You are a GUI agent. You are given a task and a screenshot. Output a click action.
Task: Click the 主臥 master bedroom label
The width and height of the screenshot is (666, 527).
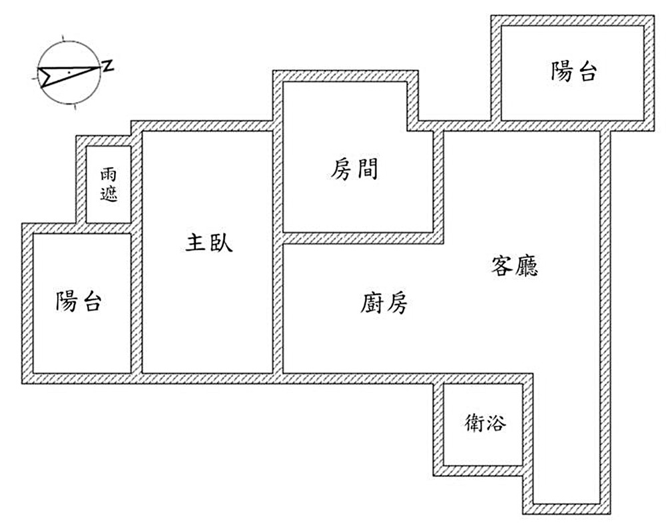(x=208, y=243)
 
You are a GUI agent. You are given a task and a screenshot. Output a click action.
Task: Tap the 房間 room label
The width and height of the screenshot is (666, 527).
(x=354, y=169)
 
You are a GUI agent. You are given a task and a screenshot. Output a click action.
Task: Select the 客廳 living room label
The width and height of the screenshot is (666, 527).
(x=514, y=266)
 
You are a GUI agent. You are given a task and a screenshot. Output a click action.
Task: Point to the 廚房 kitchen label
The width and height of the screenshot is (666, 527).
(x=384, y=304)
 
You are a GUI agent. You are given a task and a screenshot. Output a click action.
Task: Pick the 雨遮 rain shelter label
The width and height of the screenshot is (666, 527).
(x=109, y=185)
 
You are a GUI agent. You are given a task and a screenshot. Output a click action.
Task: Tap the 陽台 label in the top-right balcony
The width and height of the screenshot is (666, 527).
(x=573, y=71)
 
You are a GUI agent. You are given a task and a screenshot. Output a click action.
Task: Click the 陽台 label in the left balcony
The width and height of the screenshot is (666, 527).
(x=79, y=302)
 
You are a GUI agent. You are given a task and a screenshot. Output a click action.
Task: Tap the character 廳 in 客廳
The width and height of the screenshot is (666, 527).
(x=526, y=266)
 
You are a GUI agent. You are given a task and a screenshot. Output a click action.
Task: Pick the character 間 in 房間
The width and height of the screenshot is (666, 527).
(x=366, y=169)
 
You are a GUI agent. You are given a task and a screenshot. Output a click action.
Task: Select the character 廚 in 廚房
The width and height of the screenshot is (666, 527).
(x=372, y=304)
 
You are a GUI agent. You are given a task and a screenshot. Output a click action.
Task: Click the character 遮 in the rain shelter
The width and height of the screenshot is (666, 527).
(x=109, y=195)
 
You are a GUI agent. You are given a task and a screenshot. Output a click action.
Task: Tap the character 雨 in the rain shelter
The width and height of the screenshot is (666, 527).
(x=109, y=175)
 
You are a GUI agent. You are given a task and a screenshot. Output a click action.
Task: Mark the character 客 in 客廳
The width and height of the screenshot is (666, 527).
(x=501, y=266)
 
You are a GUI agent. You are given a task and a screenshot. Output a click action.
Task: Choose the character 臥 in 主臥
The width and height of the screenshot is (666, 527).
(x=221, y=243)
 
